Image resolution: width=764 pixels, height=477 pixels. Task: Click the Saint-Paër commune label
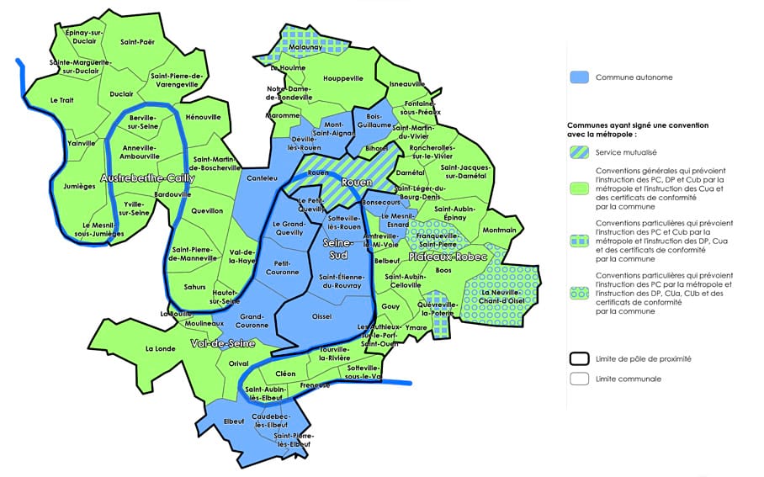point(137,41)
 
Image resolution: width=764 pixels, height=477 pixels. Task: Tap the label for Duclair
point(121,94)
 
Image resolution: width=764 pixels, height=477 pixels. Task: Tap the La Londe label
point(159,348)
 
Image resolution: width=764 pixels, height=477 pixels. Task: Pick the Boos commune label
point(444,270)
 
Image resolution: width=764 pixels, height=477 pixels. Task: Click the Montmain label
point(501,230)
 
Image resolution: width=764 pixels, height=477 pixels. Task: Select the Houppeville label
point(343,78)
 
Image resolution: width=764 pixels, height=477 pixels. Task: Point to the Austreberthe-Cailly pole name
point(147,179)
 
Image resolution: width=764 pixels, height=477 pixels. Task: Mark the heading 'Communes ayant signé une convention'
point(637,125)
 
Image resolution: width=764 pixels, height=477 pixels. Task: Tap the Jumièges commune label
point(78,187)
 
